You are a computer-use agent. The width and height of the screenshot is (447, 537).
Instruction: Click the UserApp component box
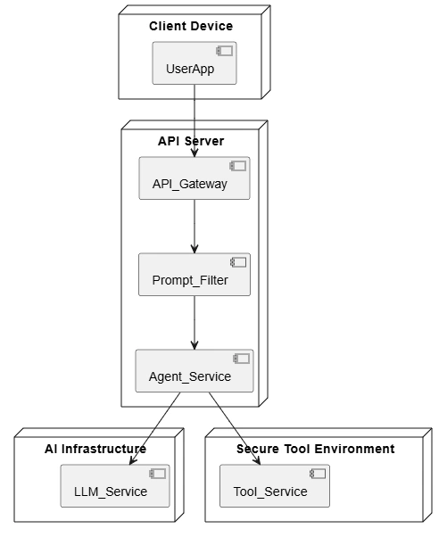[x=195, y=63]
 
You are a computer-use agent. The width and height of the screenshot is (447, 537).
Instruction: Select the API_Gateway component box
[x=195, y=178]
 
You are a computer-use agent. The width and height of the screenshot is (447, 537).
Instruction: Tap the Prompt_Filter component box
[x=195, y=275]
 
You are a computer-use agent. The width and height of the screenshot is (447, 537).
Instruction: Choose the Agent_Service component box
[x=195, y=370]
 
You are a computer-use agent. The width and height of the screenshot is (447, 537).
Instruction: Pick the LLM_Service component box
[x=115, y=485]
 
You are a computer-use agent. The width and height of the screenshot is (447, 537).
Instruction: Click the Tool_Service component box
[x=275, y=485]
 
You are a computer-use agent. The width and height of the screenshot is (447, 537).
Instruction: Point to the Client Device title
[x=191, y=26]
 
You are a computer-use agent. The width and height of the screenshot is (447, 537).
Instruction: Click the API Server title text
[x=191, y=141]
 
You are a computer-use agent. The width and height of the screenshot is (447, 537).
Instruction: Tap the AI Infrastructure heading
[x=95, y=449]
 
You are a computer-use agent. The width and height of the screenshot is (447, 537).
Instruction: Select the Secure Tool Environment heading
[x=316, y=449]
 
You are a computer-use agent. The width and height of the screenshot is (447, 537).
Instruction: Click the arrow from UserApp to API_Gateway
[x=195, y=120]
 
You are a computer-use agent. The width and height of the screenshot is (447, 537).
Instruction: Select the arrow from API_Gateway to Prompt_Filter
[x=195, y=227]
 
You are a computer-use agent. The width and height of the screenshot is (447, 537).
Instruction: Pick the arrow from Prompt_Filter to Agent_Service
[x=195, y=323]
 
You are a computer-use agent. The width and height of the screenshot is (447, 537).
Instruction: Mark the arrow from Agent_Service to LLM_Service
[x=155, y=428]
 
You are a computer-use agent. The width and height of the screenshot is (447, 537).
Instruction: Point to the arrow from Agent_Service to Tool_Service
[x=235, y=428]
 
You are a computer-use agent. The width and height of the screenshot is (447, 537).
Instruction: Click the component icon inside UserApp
[x=224, y=51]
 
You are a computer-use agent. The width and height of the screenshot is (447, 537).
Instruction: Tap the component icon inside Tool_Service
[x=318, y=474]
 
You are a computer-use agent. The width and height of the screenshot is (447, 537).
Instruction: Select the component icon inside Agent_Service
[x=242, y=359]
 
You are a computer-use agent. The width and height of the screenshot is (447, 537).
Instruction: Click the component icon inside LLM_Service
[x=158, y=474]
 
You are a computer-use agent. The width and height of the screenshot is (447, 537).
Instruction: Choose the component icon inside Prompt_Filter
[x=238, y=262]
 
